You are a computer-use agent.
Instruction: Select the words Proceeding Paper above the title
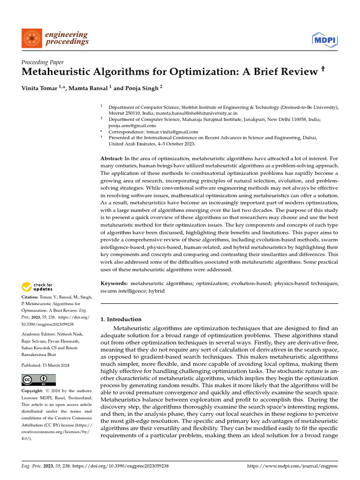click(x=43, y=62)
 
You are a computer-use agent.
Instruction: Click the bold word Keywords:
click(x=114, y=284)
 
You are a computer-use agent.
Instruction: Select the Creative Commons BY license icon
click(x=38, y=380)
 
